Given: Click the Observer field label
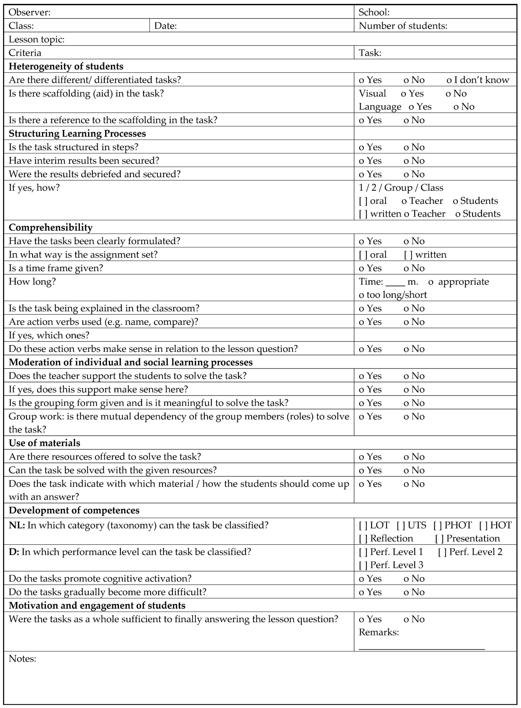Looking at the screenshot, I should pos(29,12).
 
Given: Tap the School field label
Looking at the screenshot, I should pos(374,12).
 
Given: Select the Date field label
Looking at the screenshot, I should pos(165,26).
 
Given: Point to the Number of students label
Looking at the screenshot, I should pos(403,26).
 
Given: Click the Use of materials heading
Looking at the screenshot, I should pos(44,443).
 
